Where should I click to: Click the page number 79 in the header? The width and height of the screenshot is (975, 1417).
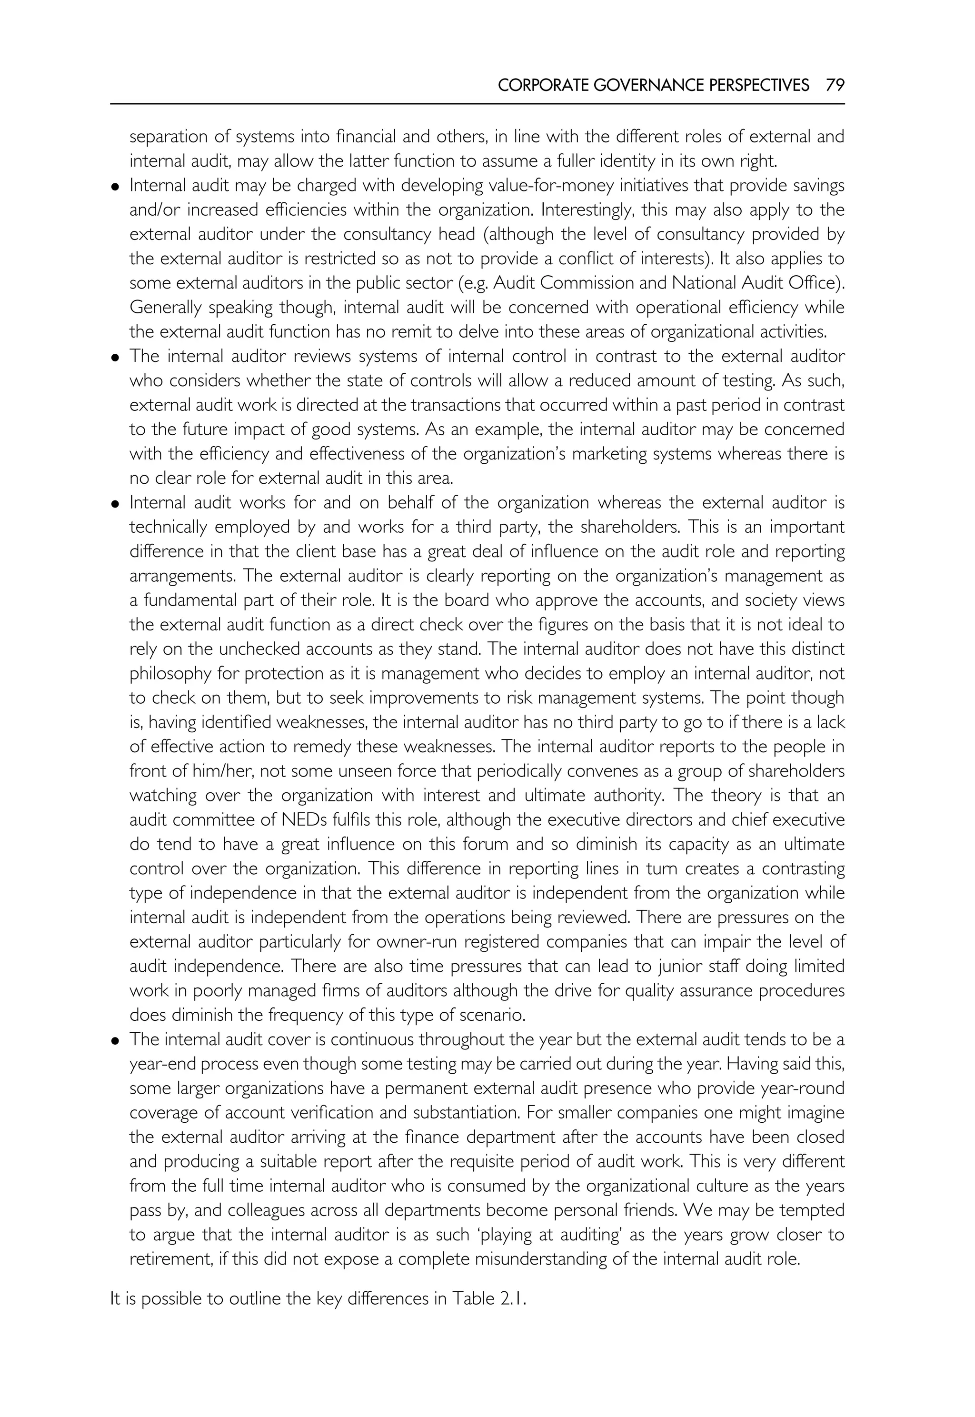[x=835, y=85]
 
